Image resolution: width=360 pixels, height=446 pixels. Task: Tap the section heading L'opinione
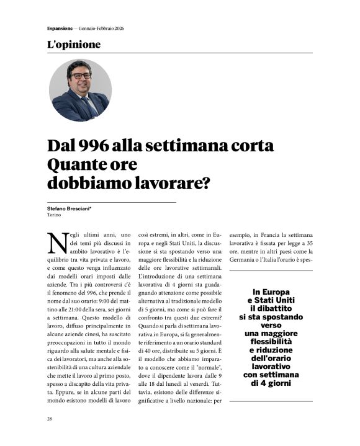(x=73, y=45)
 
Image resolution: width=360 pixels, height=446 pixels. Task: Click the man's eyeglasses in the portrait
(x=81, y=76)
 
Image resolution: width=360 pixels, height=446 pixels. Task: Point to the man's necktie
(x=88, y=105)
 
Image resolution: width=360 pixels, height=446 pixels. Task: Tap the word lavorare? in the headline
(x=171, y=184)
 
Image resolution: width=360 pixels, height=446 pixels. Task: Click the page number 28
(x=50, y=419)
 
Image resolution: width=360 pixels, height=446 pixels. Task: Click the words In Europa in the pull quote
(x=271, y=292)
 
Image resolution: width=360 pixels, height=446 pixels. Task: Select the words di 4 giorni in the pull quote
(x=271, y=383)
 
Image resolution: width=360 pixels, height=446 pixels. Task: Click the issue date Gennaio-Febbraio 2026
(x=102, y=29)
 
